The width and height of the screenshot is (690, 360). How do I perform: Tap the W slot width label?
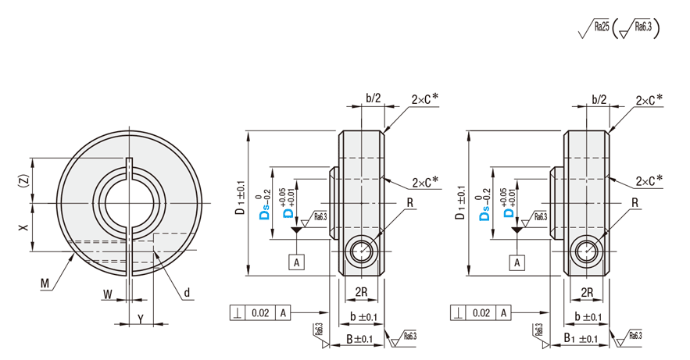click(107, 295)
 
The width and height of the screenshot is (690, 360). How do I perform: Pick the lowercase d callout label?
click(188, 294)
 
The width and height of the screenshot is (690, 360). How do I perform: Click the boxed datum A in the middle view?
click(297, 262)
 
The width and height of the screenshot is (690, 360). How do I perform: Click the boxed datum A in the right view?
click(517, 262)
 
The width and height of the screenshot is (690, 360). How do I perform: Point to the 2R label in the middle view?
click(361, 291)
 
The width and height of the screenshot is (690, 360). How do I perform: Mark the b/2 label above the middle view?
click(373, 98)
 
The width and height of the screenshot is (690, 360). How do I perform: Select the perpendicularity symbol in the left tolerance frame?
click(237, 313)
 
